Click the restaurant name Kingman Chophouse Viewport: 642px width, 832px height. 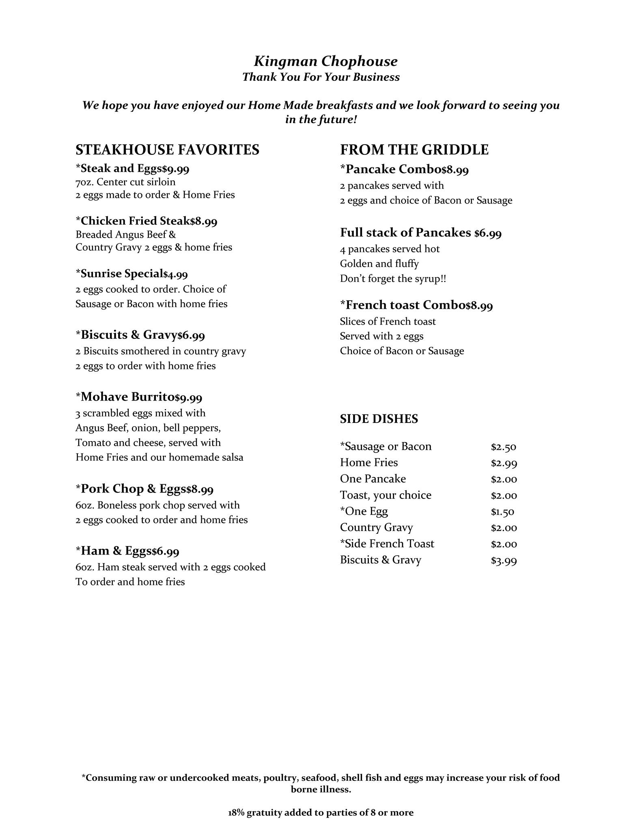click(325, 61)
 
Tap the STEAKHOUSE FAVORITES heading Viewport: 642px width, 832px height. click(167, 149)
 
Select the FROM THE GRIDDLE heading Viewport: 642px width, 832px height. click(414, 149)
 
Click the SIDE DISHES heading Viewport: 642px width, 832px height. click(379, 419)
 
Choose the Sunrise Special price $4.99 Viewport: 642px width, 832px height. click(176, 275)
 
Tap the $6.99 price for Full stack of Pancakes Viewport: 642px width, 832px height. click(488, 233)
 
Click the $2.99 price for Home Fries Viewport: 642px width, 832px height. click(504, 463)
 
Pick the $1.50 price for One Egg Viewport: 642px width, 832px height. click(502, 512)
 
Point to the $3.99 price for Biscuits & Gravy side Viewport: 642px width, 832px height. click(504, 561)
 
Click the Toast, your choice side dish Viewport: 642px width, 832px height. click(386, 495)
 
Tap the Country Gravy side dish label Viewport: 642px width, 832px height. click(376, 528)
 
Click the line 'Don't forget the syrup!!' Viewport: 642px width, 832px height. click(393, 279)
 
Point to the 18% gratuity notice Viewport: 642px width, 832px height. click(321, 813)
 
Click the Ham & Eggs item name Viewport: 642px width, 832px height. click(116, 551)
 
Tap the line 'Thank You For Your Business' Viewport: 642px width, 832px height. click(321, 77)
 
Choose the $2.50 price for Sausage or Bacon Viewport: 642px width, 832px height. click(503, 447)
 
